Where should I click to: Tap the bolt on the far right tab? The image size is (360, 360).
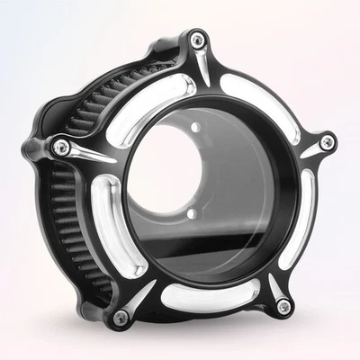coord(326,141)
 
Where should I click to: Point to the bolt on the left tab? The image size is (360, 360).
coord(59,146)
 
